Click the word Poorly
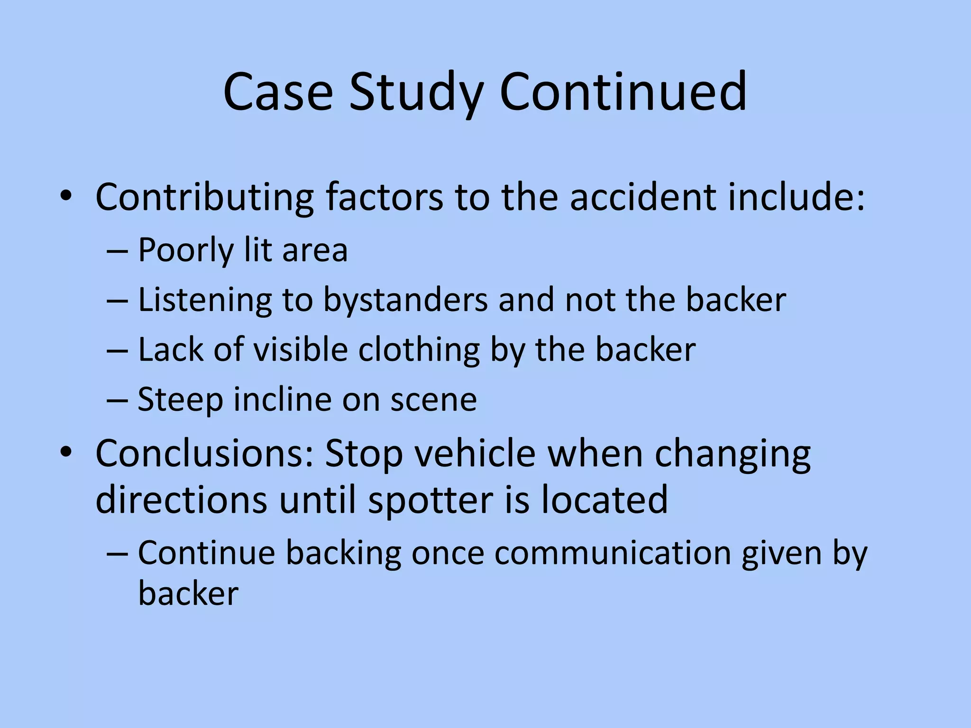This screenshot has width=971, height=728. [185, 250]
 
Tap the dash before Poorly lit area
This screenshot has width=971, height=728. [117, 251]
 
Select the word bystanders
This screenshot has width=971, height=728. [405, 300]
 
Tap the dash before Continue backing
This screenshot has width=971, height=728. [117, 554]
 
